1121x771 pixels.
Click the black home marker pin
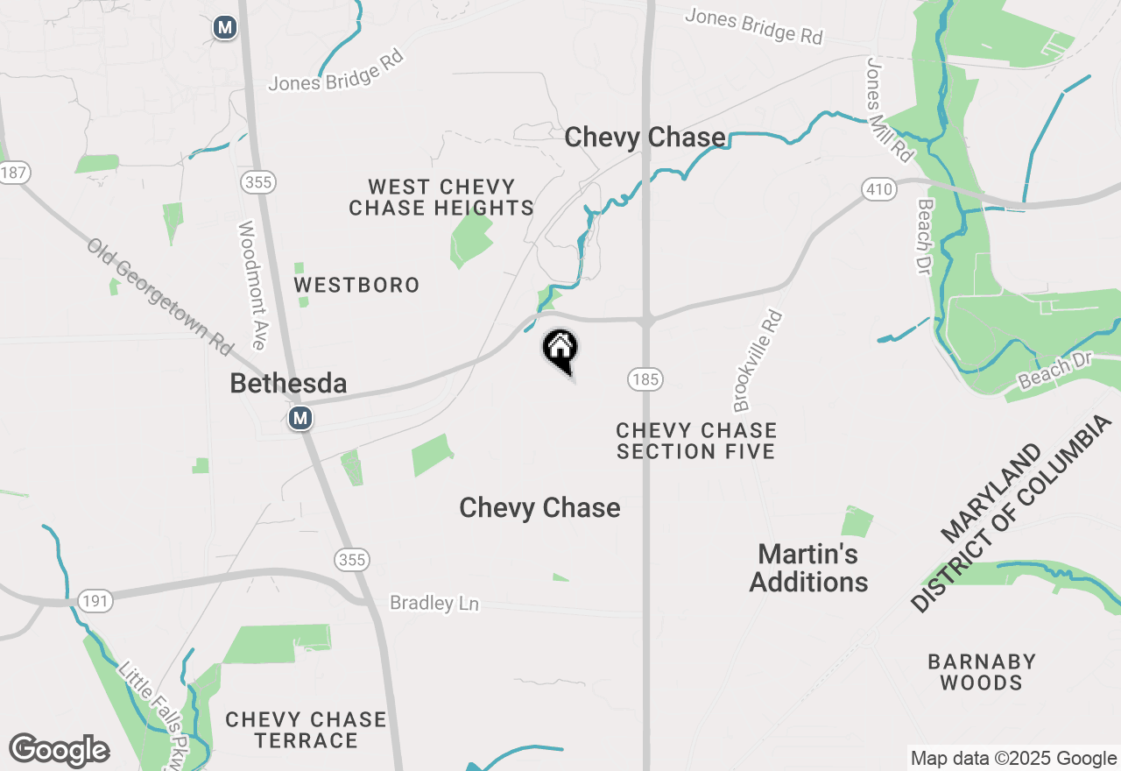point(560,350)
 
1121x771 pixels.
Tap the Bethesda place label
point(288,383)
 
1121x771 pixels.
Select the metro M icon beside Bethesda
point(300,418)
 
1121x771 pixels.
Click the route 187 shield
point(13,173)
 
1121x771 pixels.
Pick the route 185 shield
point(645,379)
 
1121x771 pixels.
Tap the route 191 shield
point(94,601)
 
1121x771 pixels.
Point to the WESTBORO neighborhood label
point(356,286)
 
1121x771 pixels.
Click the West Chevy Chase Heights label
point(441,197)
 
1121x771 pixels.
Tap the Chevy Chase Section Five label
point(696,441)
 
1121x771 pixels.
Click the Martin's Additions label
point(808,568)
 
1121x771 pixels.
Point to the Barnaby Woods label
point(981,672)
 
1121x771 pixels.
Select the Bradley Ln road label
point(434,604)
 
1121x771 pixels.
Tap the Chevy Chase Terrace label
point(306,730)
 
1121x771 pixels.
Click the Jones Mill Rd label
point(889,110)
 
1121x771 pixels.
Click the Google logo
point(59,751)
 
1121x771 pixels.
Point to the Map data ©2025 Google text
point(1013,759)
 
